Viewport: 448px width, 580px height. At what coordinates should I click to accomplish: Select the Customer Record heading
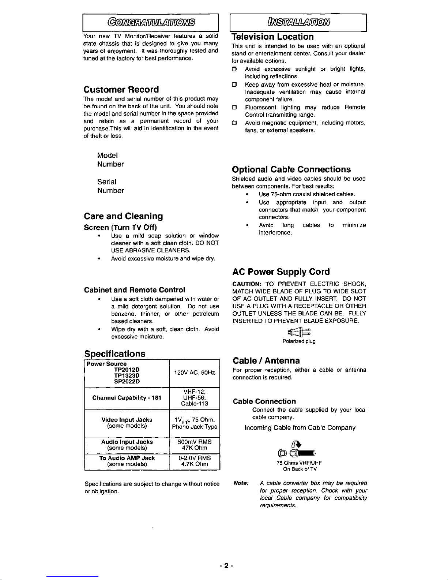(121, 90)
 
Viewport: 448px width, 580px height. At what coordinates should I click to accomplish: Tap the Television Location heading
(273, 37)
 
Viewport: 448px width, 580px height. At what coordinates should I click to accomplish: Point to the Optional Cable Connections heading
(291, 169)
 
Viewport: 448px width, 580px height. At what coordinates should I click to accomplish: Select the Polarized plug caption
(299, 341)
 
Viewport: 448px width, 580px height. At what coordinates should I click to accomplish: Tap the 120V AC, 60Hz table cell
(194, 373)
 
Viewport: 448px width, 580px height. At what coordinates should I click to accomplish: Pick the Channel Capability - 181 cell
(127, 398)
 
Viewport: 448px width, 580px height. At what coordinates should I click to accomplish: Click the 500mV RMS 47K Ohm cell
(194, 445)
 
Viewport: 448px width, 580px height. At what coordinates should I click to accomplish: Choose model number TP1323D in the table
(127, 375)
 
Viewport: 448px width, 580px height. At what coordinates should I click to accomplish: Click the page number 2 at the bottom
(226, 566)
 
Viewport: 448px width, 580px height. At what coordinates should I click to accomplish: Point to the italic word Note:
(241, 483)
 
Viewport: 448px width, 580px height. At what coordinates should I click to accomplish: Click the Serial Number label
(110, 186)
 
